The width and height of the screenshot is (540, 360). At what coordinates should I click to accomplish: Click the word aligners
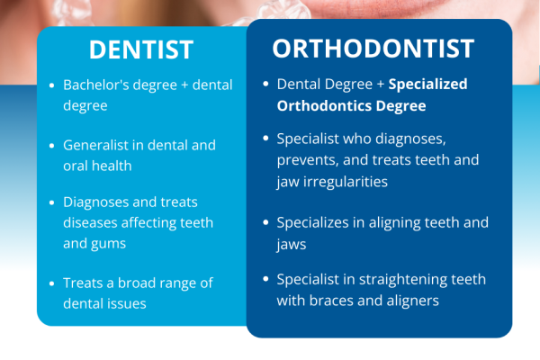(x=410, y=301)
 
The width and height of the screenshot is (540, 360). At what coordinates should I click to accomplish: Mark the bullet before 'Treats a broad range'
(x=51, y=283)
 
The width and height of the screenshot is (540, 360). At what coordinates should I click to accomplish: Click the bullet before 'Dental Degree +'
(x=265, y=85)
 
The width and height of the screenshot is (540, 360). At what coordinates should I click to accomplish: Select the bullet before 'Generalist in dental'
(x=51, y=146)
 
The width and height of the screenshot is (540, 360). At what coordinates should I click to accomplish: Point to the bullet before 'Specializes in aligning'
(x=265, y=222)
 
